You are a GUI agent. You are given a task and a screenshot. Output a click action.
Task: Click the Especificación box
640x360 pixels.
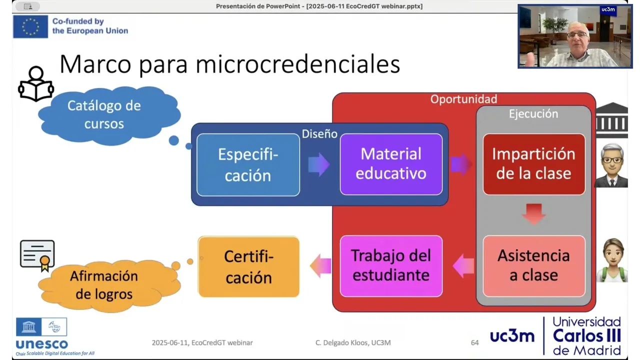pos(248,165)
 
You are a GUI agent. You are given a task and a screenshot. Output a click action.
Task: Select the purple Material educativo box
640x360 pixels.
pos(391,164)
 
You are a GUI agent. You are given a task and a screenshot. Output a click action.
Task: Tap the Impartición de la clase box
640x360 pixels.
pos(533,164)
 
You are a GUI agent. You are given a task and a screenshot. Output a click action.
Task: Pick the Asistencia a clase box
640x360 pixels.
pos(533,266)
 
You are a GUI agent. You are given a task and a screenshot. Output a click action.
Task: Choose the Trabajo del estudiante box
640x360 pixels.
pos(391,266)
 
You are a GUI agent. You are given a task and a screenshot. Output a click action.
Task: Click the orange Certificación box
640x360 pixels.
pos(248,266)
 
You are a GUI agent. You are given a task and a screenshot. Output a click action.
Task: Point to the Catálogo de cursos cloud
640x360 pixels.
pos(109,115)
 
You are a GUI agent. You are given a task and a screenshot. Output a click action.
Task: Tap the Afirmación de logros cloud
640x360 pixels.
pos(109,285)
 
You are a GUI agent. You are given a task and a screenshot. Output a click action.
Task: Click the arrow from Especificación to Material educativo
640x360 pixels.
pos(319,164)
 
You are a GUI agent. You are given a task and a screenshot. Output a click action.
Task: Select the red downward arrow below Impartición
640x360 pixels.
pos(533,213)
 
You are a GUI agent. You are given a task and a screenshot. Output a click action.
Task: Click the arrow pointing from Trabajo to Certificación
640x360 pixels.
pos(320,266)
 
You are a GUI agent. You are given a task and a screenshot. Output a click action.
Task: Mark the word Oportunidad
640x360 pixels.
pos(463,99)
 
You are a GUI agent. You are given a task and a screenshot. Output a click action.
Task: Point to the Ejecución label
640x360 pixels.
pos(533,113)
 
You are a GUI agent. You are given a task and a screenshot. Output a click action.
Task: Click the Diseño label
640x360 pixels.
pos(319,133)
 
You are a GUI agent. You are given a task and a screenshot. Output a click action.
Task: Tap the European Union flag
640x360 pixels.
pos(30,26)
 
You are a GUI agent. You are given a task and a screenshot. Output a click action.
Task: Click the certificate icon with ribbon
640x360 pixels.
pos(37,255)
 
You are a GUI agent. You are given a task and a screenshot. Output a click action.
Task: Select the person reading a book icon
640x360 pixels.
pos(36,83)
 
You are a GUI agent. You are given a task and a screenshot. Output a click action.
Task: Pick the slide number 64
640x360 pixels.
pos(474,342)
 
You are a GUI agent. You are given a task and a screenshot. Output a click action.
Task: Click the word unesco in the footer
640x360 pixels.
pos(42,344)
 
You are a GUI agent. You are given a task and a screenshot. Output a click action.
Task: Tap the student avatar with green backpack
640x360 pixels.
pos(612,260)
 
